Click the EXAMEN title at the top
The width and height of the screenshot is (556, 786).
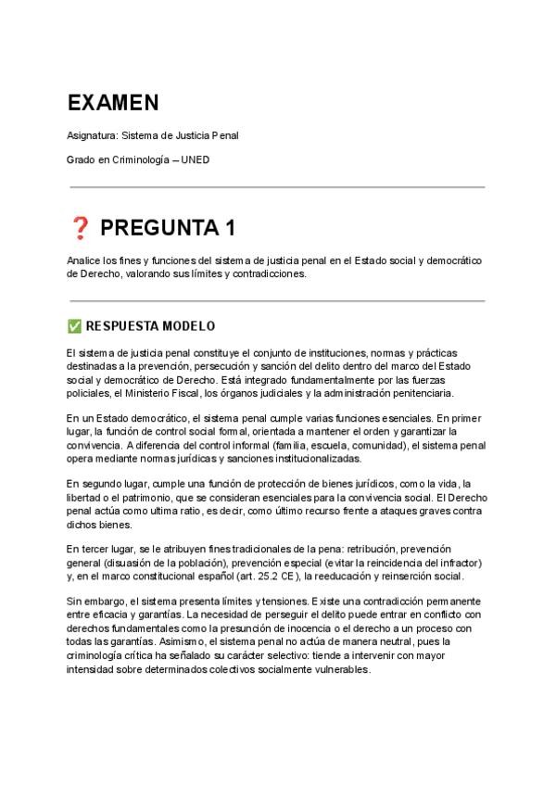pos(112,102)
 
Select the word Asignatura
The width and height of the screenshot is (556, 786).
pos(93,135)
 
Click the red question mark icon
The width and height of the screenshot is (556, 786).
pos(79,228)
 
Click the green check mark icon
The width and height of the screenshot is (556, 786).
pos(74,326)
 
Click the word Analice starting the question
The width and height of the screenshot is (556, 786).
pos(85,260)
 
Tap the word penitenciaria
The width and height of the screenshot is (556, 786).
pos(424,392)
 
